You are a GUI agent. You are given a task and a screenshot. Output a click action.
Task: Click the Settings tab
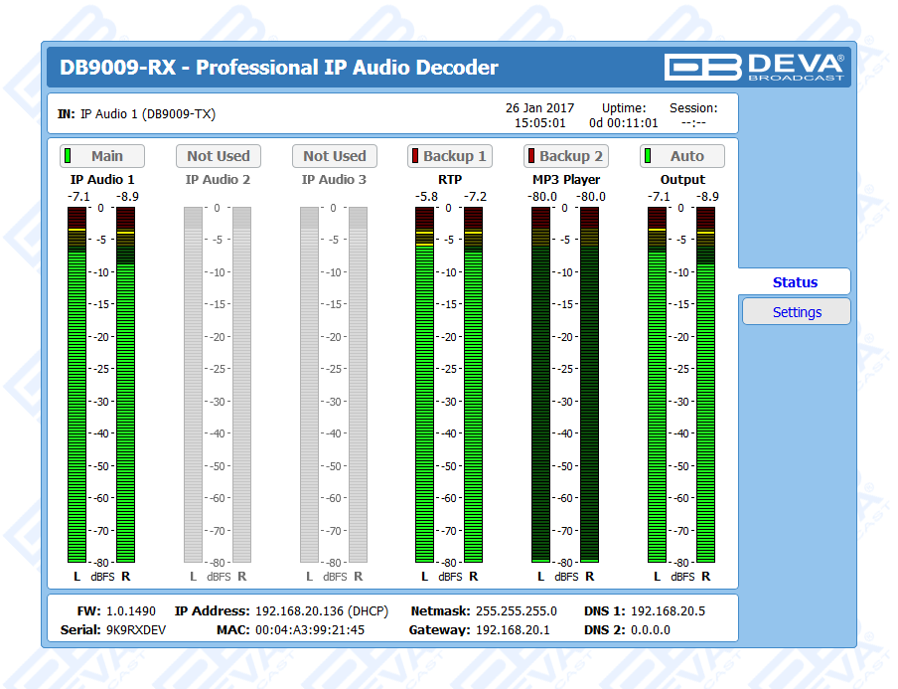[797, 312]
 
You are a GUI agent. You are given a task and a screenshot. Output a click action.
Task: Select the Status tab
[795, 282]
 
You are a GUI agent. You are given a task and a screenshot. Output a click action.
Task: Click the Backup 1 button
[449, 156]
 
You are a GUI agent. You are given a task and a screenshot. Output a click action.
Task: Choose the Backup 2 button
[565, 156]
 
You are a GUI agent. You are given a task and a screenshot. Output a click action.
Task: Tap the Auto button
[681, 156]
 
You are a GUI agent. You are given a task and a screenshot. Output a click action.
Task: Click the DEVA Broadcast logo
[755, 67]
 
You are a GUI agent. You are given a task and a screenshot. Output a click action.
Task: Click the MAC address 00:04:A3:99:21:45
[310, 629]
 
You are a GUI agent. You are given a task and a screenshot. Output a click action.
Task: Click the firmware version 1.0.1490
[131, 610]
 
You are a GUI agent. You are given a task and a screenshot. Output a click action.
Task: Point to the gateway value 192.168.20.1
[513, 629]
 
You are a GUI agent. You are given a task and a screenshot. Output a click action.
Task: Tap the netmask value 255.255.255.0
[516, 610]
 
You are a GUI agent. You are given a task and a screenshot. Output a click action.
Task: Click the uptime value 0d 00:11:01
[623, 123]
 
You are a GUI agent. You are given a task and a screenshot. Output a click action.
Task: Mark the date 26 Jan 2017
[539, 107]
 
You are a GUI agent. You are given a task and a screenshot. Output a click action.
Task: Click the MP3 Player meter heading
[565, 180]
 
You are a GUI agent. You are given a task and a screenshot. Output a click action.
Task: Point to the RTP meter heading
[449, 180]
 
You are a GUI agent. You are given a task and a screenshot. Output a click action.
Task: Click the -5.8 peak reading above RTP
[426, 197]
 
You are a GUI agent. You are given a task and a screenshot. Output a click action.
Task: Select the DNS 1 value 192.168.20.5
[668, 610]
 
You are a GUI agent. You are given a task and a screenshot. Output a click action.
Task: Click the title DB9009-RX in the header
[118, 68]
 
